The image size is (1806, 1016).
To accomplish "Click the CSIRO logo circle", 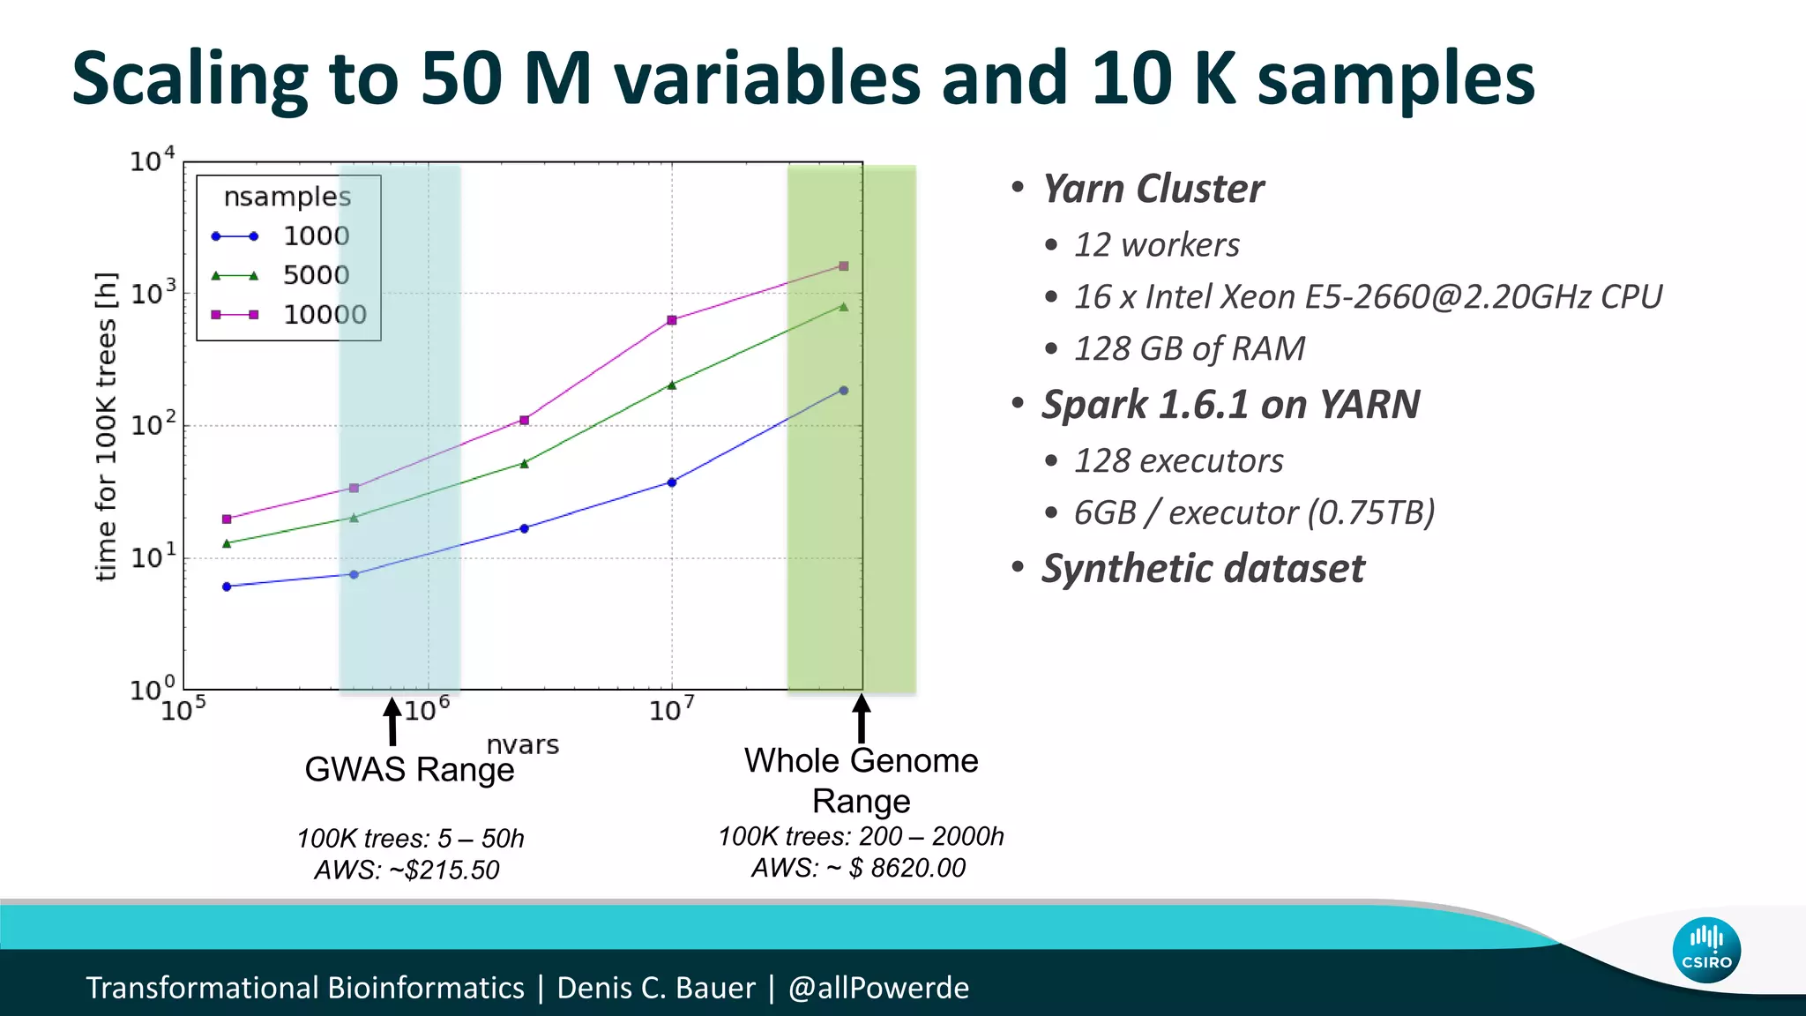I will click(1705, 951).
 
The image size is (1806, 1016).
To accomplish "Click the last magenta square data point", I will click(844, 265).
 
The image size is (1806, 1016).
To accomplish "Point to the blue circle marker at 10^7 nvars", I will click(672, 482).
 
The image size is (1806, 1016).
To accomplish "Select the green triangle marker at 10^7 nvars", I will click(672, 385).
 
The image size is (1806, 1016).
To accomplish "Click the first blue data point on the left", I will click(227, 586).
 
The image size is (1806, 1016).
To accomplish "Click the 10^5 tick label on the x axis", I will click(183, 709).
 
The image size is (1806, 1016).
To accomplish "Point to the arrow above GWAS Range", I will click(392, 721).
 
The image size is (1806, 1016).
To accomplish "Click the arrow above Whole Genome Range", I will click(862, 718).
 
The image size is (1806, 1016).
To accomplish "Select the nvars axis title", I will click(523, 745).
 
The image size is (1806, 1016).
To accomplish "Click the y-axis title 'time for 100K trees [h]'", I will click(106, 426).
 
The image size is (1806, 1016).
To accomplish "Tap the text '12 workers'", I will click(1156, 245).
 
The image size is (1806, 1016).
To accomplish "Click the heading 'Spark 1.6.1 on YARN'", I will click(1230, 405).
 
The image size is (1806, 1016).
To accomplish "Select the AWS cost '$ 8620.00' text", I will click(907, 868).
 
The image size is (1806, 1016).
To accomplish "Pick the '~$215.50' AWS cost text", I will click(444, 870).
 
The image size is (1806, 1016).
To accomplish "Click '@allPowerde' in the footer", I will click(878, 988).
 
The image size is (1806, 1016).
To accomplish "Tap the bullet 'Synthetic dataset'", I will click(1202, 569).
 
